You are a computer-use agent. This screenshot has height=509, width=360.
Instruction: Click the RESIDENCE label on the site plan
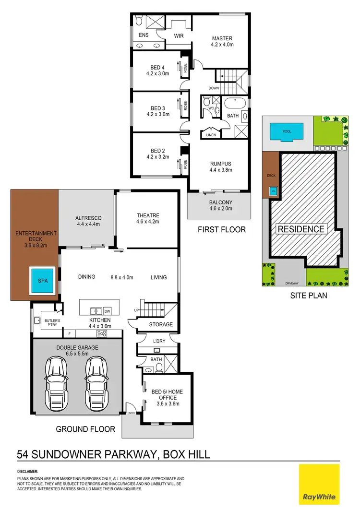301,229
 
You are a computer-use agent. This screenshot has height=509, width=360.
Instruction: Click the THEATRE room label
147,215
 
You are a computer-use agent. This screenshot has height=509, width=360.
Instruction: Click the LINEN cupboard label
211,135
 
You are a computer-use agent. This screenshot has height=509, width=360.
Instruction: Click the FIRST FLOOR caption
222,230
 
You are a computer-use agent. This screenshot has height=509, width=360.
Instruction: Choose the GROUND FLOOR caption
85,428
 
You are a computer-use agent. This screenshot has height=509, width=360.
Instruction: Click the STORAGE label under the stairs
161,325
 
